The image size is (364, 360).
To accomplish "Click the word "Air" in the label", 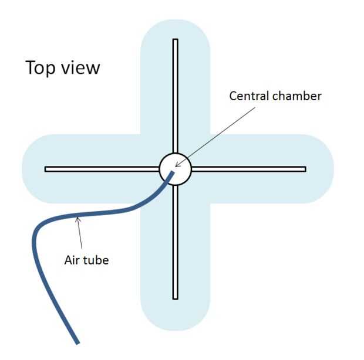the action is pos(71,260).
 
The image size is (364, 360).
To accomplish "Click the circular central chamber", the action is pos(175,169).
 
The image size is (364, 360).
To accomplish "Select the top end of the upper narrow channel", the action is pos(175,41).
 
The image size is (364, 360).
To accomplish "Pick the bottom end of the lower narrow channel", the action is pos(175,297).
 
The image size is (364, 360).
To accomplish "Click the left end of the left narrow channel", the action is pos(47,169).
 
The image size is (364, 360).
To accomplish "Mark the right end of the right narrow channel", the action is pos(304,169).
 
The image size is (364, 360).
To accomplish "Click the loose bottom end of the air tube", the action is pos(76,341).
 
